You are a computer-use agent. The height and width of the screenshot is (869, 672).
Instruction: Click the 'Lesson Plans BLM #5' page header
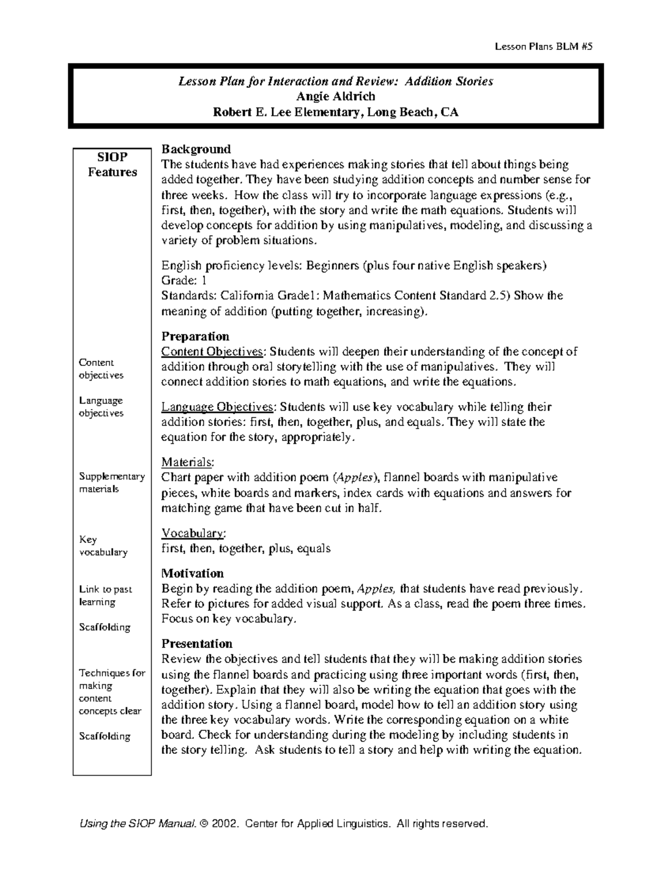click(543, 47)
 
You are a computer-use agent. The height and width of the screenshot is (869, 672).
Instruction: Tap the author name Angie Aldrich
click(335, 97)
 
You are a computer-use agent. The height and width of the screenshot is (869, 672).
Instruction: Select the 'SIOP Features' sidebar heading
click(112, 165)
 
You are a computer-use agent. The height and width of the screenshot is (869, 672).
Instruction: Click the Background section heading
click(196, 149)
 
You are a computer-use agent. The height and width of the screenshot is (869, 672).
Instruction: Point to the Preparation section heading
click(195, 336)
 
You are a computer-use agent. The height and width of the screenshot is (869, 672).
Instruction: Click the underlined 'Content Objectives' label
click(212, 352)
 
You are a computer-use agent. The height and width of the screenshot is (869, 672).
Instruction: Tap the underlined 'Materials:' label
click(187, 462)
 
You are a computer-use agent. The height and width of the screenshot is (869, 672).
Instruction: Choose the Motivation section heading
click(192, 574)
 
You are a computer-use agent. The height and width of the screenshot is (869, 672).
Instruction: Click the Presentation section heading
click(197, 643)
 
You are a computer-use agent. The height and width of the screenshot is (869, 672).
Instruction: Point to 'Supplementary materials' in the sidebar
click(111, 482)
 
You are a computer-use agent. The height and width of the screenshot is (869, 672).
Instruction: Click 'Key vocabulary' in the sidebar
click(103, 546)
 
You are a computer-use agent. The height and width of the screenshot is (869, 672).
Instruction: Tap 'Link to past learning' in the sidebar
click(105, 595)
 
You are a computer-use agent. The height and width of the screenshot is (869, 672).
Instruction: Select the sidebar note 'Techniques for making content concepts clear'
click(111, 692)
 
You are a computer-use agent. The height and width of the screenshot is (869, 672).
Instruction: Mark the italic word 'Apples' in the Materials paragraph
click(355, 478)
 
